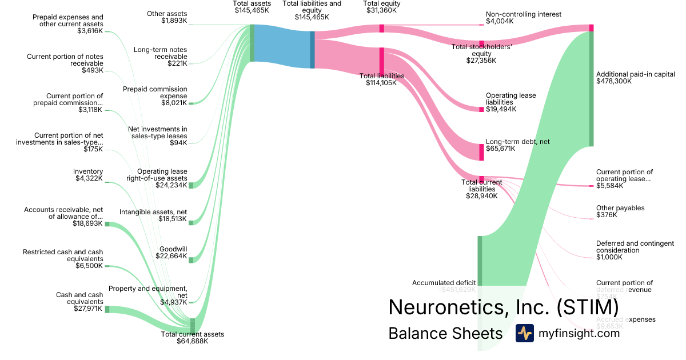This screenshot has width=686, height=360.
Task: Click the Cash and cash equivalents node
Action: [x=107, y=309]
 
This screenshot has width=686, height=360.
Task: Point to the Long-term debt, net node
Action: [x=481, y=152]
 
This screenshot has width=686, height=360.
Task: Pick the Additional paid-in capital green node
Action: [x=592, y=89]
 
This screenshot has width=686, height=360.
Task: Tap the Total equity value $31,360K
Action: [x=381, y=10]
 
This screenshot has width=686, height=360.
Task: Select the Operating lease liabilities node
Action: [x=481, y=109]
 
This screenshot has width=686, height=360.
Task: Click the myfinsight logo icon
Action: [x=524, y=333]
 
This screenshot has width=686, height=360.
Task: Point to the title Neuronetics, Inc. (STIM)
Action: [x=503, y=307]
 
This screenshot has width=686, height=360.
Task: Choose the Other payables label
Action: [x=620, y=208]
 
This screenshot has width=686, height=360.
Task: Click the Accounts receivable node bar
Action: [x=107, y=224]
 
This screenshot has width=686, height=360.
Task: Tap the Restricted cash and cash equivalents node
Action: [x=107, y=266]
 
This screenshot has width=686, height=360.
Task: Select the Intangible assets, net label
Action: [x=153, y=212]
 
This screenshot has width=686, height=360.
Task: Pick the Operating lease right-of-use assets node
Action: [x=192, y=185]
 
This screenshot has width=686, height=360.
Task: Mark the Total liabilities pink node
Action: [x=381, y=61]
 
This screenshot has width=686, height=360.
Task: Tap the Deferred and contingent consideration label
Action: [x=635, y=247]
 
